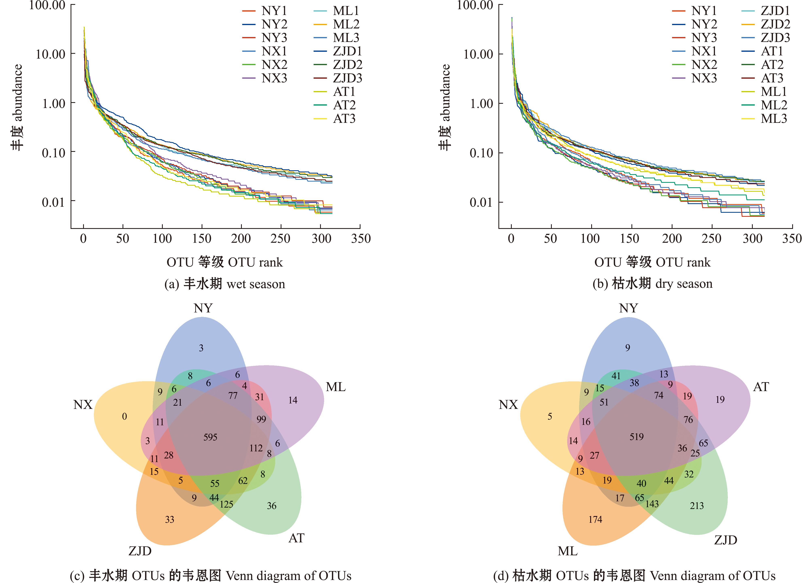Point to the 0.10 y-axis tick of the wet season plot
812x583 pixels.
pos(54,153)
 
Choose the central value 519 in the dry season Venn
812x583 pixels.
pos(636,437)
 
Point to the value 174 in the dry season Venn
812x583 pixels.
pos(595,519)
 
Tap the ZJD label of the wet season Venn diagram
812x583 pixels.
pos(140,551)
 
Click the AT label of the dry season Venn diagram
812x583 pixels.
pos(761,387)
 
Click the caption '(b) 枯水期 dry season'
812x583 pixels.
pos(652,284)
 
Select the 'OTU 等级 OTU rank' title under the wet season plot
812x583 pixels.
pos(224,262)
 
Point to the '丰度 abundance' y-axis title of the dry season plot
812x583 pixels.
pos(445,107)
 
